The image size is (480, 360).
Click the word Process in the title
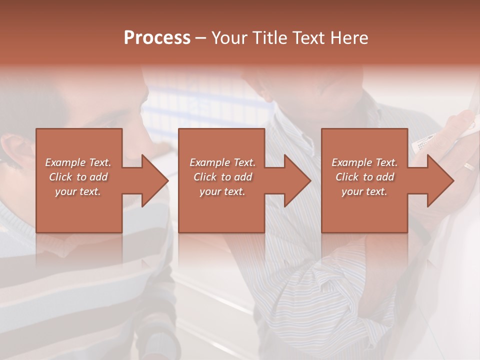click(157, 38)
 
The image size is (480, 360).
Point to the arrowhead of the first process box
click(155, 180)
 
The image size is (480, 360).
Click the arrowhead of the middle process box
click(298, 180)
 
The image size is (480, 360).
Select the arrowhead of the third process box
click(441, 180)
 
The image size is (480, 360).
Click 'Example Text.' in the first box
click(78, 162)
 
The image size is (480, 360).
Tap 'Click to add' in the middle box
click(222, 177)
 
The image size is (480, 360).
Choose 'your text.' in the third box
click(364, 191)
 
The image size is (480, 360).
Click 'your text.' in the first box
click(78, 191)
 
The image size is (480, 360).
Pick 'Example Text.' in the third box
click(364, 162)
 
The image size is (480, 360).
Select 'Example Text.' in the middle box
click(222, 162)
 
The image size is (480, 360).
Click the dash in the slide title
click(201, 38)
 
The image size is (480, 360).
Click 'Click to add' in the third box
click(364, 177)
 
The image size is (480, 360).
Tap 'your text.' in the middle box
click(222, 191)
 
